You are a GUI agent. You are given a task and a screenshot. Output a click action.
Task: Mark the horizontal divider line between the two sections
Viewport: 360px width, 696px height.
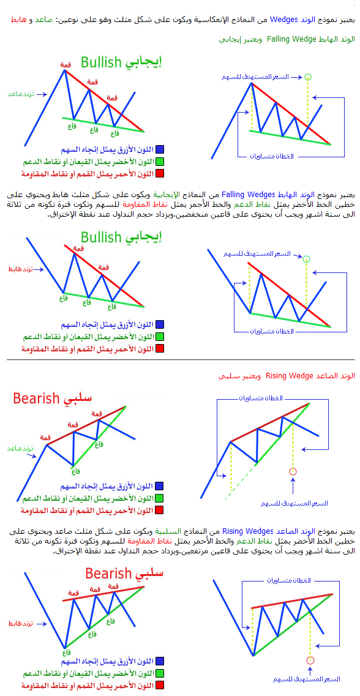point(180,359)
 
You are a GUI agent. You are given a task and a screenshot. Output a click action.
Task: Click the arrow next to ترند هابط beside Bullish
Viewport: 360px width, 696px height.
point(41,269)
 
